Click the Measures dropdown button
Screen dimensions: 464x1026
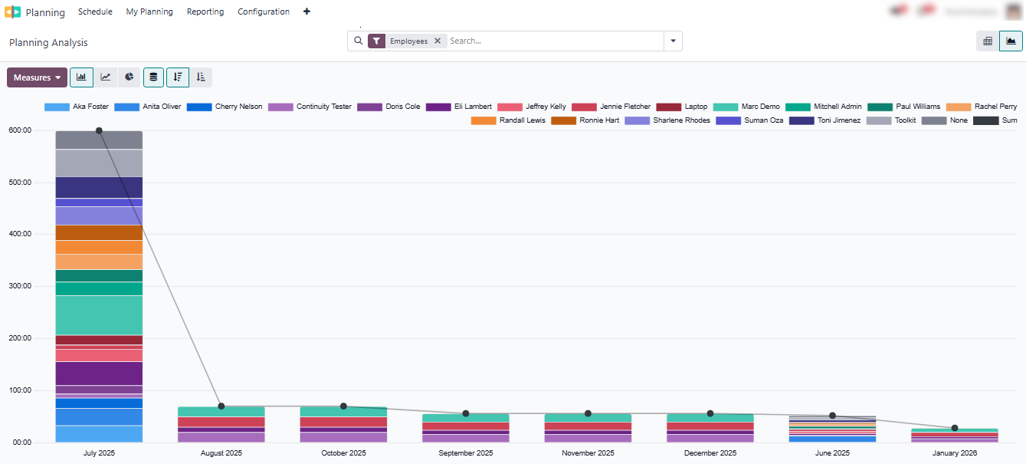[x=37, y=77]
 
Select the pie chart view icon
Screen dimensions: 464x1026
[x=129, y=77]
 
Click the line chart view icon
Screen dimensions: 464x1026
[x=106, y=77]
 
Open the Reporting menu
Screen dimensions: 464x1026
[x=205, y=12]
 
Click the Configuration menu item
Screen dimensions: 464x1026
[x=264, y=12]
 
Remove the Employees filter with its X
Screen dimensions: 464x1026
[x=438, y=41]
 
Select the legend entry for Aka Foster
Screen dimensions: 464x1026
[x=77, y=107]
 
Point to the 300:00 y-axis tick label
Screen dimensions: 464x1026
[x=19, y=286]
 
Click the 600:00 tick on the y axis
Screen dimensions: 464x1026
[x=19, y=130]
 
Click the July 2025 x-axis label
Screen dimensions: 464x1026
[x=99, y=453]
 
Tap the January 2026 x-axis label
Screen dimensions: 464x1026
[x=954, y=453]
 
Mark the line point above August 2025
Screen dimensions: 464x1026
[x=221, y=406]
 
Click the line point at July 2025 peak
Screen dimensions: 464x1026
[x=99, y=130]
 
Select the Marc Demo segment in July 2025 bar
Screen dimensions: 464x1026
[x=99, y=315]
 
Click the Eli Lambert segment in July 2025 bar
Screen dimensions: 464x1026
[x=99, y=374]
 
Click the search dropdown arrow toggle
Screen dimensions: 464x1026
[x=673, y=41]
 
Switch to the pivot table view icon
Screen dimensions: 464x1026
[x=988, y=41]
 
